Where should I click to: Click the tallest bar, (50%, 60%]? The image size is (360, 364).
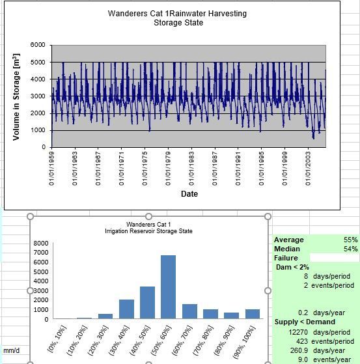point(168,287)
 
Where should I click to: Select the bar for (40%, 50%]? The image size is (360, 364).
point(147,302)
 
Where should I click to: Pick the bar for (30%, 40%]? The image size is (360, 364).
point(126,309)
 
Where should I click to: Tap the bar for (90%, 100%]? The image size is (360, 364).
point(253,313)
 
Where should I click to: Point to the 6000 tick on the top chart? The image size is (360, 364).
point(38,45)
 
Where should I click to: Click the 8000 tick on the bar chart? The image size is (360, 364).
point(40,244)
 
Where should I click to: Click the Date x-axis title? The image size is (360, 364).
point(189,193)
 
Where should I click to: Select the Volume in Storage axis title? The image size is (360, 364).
point(16,96)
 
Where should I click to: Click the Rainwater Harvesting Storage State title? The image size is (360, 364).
point(178,18)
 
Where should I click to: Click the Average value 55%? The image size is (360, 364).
point(351,240)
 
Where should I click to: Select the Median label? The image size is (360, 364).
point(287,249)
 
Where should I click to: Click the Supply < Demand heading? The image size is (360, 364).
point(305,322)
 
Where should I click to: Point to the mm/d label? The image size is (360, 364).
point(11,350)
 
